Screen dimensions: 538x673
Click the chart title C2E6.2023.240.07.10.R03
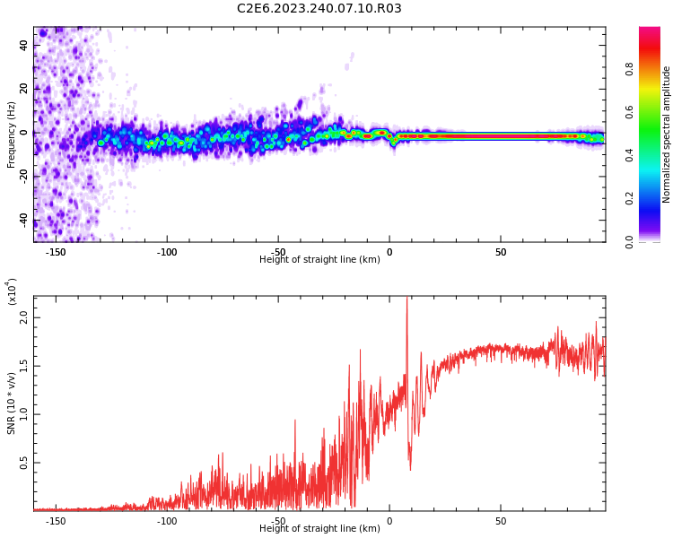point(319,9)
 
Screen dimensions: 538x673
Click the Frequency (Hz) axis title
point(12,134)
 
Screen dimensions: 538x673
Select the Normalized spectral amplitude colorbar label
point(667,134)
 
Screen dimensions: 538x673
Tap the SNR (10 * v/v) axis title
point(12,403)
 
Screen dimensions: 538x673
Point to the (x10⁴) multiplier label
point(12,291)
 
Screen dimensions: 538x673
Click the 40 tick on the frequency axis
point(24,45)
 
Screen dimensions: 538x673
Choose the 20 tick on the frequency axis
point(24,89)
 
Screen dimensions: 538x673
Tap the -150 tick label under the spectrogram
point(56,252)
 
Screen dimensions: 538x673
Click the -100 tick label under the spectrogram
point(167,252)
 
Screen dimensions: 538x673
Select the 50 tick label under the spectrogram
point(501,252)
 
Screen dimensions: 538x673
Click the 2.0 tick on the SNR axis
point(23,317)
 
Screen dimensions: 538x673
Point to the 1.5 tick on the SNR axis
point(23,366)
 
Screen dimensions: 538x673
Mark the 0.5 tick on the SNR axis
point(23,463)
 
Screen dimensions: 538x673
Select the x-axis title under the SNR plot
point(319,529)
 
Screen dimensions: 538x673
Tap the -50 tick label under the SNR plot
point(278,521)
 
